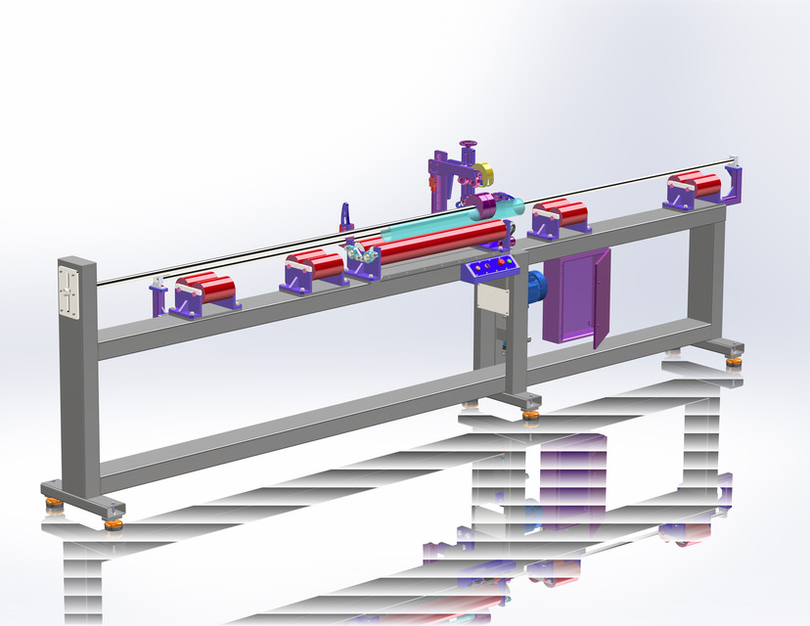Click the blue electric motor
[534, 285]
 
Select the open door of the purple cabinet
[599, 297]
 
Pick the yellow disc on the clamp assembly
[486, 177]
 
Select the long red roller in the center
[440, 241]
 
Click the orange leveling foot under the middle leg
[530, 414]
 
